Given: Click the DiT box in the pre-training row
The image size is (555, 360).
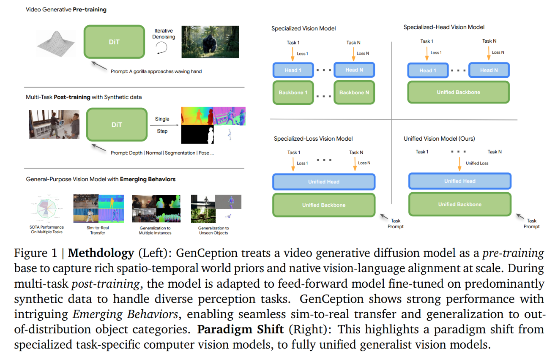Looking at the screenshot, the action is (114, 41).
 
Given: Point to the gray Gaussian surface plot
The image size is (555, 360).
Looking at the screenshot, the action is (56, 44).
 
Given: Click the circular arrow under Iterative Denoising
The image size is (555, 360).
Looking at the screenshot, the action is (161, 48).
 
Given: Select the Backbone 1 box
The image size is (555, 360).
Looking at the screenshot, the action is (293, 93).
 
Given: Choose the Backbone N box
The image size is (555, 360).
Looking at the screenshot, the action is (354, 93).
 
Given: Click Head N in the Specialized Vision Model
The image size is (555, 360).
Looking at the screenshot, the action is (354, 70).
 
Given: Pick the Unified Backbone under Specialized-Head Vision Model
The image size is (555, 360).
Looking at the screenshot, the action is (458, 92).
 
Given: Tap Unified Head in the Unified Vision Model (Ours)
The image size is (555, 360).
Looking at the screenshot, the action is (459, 181).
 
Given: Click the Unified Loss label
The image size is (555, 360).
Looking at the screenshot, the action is (477, 163).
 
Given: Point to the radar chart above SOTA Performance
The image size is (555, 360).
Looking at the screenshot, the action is (46, 208).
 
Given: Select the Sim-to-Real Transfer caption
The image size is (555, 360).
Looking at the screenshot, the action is (98, 230).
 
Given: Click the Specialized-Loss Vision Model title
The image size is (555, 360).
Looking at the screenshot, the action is (313, 139).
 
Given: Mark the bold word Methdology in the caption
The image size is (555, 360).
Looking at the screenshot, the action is (101, 253).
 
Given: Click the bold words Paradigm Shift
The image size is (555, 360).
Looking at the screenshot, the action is (241, 329).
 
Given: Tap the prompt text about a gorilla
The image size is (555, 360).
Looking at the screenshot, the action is (156, 71).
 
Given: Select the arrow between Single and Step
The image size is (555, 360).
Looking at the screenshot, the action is (164, 125).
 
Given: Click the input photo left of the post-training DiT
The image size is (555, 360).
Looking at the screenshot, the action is (54, 124).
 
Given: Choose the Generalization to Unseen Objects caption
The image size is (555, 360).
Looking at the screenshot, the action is (213, 230).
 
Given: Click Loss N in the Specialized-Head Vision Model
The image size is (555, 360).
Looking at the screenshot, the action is (498, 52).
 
